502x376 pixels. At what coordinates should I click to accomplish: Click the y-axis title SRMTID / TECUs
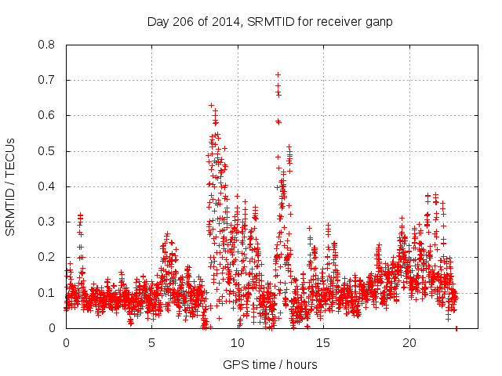pyautogui.click(x=11, y=186)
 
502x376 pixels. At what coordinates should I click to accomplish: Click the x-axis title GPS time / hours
pyautogui.click(x=271, y=364)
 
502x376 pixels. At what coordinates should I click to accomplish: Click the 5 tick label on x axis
pyautogui.click(x=151, y=343)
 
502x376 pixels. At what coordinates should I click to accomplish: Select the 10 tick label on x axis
pyautogui.click(x=238, y=343)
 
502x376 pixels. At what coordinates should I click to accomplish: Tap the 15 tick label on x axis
pyautogui.click(x=323, y=343)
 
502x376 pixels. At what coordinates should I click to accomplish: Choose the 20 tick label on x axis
pyautogui.click(x=409, y=343)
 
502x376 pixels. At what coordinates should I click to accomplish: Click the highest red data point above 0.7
pyautogui.click(x=278, y=75)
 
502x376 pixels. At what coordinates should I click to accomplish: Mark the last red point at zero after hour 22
pyautogui.click(x=457, y=327)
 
